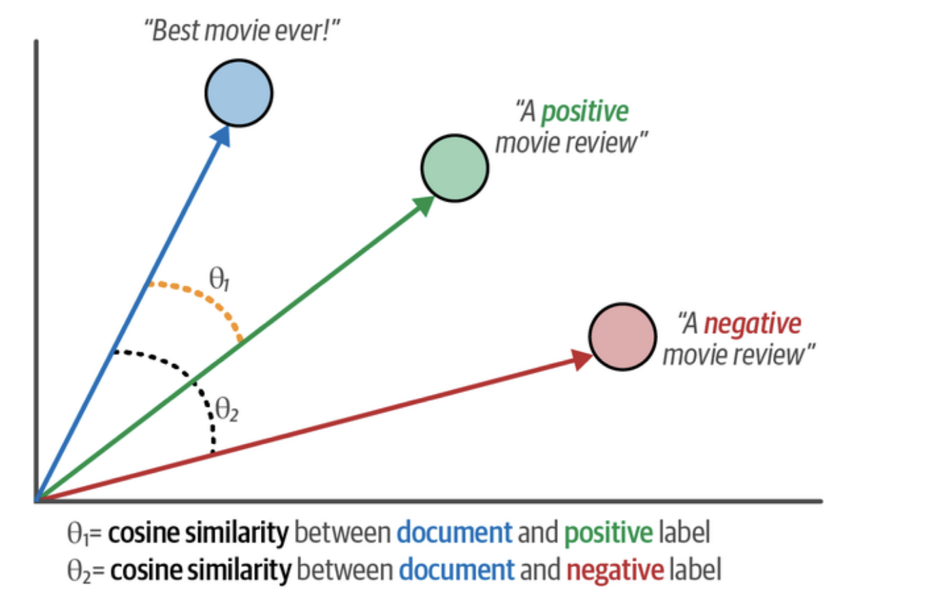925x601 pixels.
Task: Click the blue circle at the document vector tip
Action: [239, 93]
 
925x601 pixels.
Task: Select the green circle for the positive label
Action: [454, 168]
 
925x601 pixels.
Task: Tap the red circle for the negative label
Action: [623, 337]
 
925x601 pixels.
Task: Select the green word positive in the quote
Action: [584, 113]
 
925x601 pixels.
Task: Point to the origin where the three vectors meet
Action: [37, 499]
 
